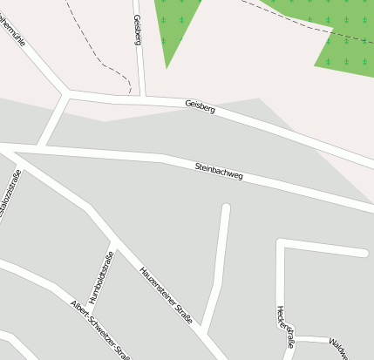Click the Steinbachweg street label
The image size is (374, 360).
[x=218, y=171]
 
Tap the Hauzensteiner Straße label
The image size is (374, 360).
[x=166, y=295]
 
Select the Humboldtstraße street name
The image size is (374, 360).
[x=101, y=276]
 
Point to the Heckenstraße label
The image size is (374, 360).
[x=285, y=327]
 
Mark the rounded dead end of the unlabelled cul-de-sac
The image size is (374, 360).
[x=226, y=208]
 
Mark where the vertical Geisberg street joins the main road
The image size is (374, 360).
[x=141, y=96]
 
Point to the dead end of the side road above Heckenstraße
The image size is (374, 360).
[x=364, y=253]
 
